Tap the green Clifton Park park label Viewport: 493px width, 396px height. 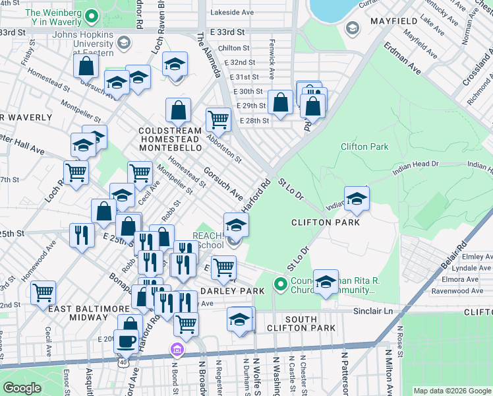tap(364, 147)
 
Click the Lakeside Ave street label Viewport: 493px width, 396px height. tap(231, 12)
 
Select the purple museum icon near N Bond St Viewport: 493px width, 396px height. tap(177, 349)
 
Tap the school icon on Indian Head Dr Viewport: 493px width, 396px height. tap(356, 199)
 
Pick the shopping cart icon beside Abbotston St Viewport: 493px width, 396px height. tap(218, 120)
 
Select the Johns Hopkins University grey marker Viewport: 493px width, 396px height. tap(122, 44)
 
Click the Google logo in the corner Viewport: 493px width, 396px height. tap(22, 388)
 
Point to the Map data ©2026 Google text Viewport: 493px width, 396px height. tap(451, 391)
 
